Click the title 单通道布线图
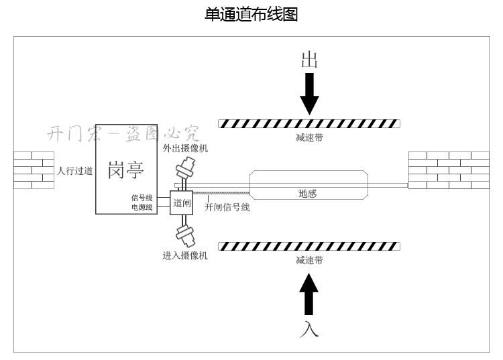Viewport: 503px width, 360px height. (x=251, y=14)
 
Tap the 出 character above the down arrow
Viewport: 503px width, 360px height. (x=309, y=60)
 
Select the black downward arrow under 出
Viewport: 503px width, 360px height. (x=309, y=93)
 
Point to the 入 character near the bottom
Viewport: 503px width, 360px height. (x=309, y=328)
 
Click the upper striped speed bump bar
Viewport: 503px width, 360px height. (x=309, y=123)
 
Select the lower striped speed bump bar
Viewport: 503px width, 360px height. (x=309, y=247)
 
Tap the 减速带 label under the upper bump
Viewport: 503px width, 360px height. (x=309, y=137)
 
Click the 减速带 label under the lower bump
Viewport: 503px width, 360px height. (x=309, y=260)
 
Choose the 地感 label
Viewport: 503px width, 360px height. (x=307, y=194)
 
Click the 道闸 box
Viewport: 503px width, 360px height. (x=182, y=202)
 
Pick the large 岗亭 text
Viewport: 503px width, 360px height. (x=126, y=170)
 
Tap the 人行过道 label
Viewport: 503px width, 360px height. (x=74, y=171)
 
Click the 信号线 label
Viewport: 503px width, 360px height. (x=142, y=198)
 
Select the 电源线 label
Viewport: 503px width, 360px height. (x=142, y=207)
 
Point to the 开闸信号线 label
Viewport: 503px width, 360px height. (x=227, y=208)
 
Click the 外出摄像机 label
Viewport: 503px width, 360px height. (x=185, y=148)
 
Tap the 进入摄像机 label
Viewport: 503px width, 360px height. (x=185, y=255)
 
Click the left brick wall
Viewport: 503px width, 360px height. (x=34, y=170)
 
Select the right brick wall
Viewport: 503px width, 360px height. (x=449, y=170)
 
